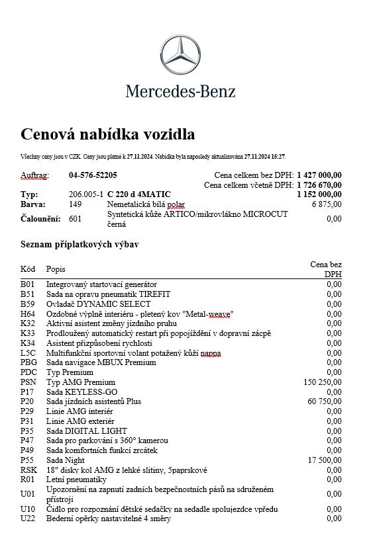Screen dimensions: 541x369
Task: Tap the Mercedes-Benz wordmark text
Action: [181, 91]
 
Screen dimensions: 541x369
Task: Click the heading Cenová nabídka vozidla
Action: [108, 135]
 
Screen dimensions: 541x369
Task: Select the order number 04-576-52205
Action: [93, 175]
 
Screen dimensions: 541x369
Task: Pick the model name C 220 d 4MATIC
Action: [139, 194]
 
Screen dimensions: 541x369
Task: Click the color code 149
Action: [75, 204]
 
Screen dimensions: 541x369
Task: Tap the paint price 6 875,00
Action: [327, 204]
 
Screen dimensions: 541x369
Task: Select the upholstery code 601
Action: [75, 219]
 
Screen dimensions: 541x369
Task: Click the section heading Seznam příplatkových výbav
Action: [79, 245]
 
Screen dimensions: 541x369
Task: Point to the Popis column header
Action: [56, 270]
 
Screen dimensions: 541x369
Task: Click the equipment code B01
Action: [27, 284]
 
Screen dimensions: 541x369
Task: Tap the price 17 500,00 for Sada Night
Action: [325, 460]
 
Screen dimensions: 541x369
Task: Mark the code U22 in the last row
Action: [28, 519]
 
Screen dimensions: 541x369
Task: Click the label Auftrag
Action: [34, 175]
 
